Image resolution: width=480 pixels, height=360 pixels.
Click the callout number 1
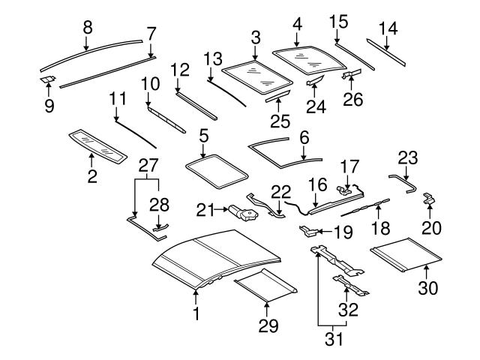(196, 313)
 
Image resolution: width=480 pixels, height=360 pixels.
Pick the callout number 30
(427, 286)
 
